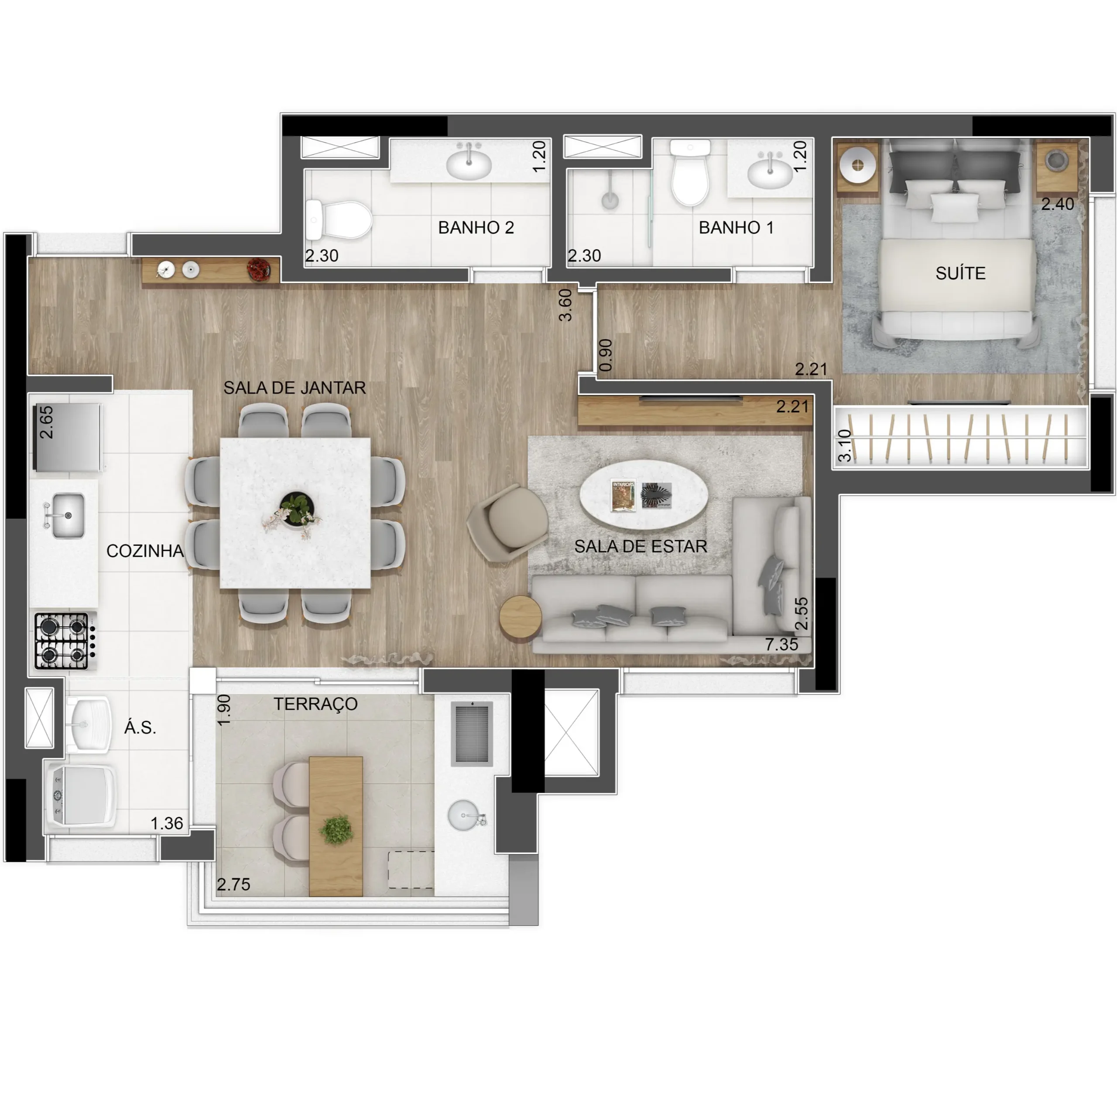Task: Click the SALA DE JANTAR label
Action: click(295, 387)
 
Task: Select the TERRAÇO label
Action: click(315, 704)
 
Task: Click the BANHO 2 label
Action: click(476, 227)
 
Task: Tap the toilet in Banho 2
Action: click(338, 220)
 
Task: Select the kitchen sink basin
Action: click(68, 515)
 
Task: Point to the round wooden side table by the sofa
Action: click(521, 618)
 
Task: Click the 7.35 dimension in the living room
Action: click(781, 644)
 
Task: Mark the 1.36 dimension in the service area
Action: click(167, 823)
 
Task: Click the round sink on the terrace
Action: click(464, 815)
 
